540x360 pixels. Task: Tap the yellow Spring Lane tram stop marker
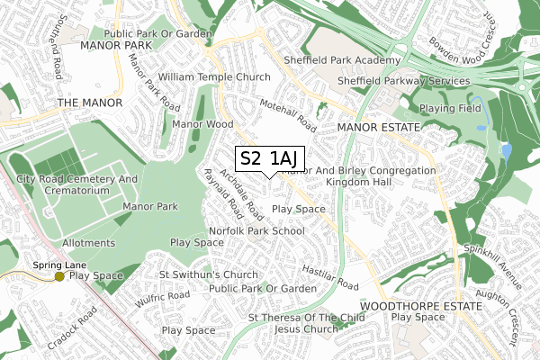(59, 276)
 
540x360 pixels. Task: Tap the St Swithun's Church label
(208, 274)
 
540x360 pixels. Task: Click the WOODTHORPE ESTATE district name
(411, 306)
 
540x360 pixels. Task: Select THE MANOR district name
(88, 103)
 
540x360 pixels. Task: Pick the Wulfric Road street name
(164, 296)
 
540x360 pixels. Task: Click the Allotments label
(88, 243)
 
